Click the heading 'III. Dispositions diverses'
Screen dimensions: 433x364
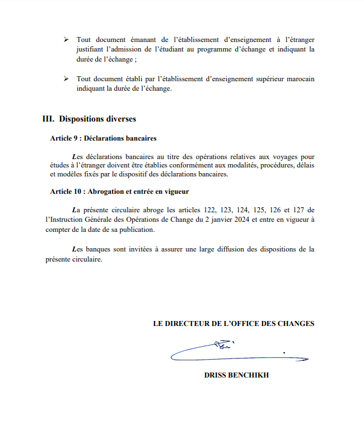90,119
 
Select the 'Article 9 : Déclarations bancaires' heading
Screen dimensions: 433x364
103,138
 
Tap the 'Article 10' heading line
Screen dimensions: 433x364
119,192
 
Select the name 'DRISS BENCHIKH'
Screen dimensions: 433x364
236,375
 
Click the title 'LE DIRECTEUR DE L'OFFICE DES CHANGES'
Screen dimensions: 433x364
234,323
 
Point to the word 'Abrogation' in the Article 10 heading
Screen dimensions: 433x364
108,192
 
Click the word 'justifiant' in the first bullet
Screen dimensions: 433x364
91,50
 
